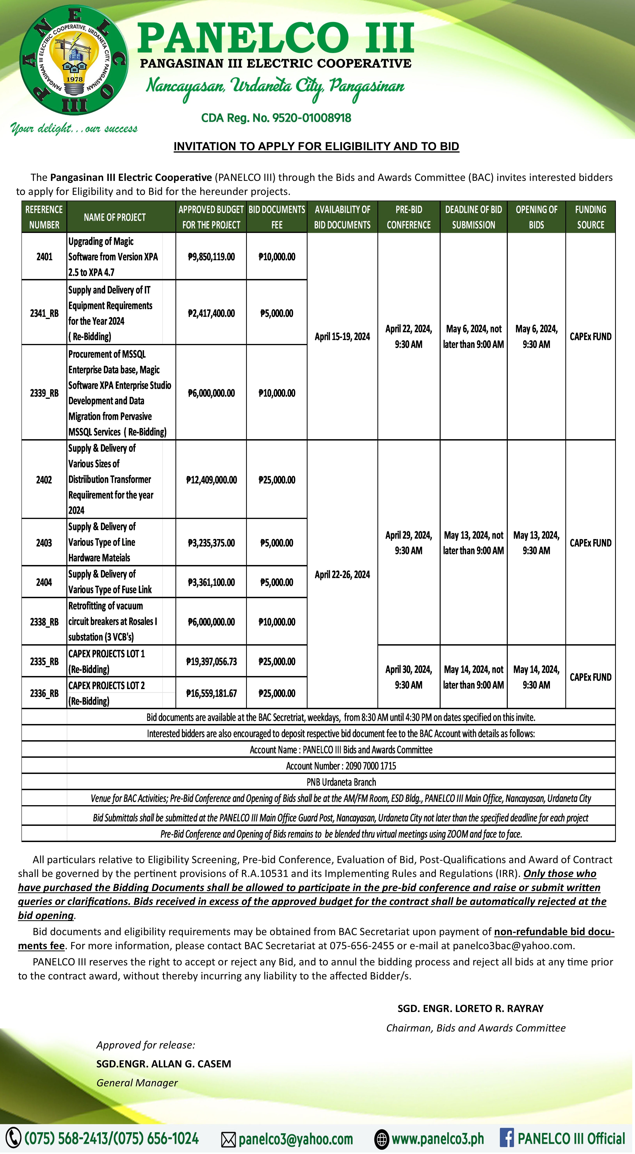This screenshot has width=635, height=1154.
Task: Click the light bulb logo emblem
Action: [x=74, y=63]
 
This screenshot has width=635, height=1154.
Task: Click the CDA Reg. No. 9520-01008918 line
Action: [x=276, y=118]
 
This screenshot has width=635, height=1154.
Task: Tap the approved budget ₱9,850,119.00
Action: [x=211, y=257]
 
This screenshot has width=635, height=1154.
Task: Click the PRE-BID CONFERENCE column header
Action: [x=409, y=217]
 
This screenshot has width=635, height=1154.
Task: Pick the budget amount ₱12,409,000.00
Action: [x=211, y=480]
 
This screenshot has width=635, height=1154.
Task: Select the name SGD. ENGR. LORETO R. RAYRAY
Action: [x=470, y=1008]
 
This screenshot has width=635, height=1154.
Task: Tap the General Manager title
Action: [x=137, y=1083]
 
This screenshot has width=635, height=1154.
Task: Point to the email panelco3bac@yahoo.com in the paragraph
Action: [x=513, y=946]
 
